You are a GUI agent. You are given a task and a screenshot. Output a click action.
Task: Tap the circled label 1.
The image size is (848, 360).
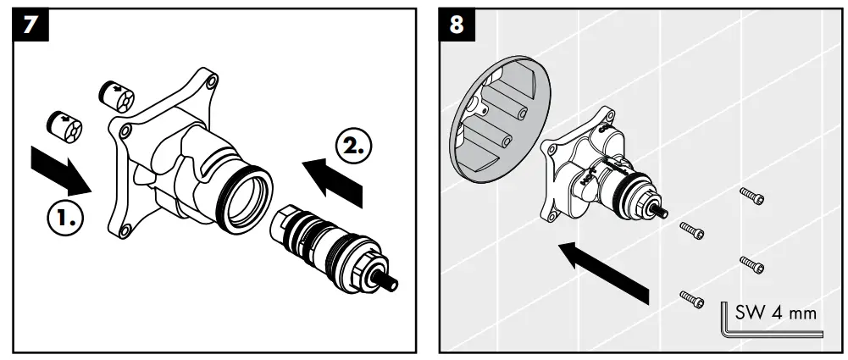tap(64, 219)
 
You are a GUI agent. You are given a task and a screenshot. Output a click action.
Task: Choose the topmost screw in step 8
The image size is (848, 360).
tap(751, 196)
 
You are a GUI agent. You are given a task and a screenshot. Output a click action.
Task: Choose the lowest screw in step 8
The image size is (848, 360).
tap(691, 298)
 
